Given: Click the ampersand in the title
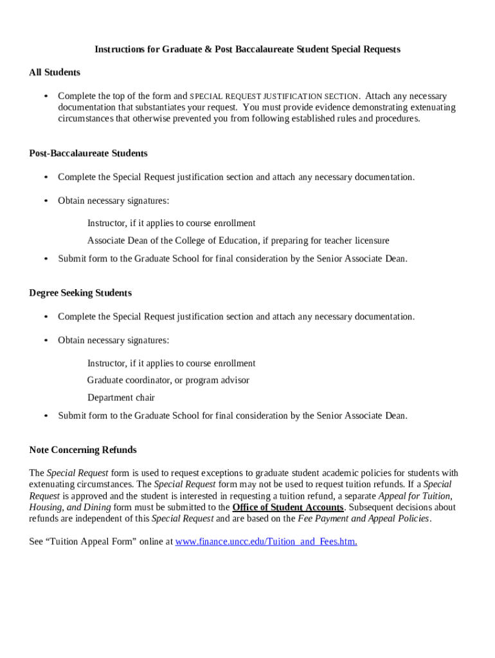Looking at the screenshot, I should (208, 49).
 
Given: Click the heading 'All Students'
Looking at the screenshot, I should (55, 73).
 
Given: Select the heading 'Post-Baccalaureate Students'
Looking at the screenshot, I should (88, 154).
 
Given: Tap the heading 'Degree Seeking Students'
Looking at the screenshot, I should (80, 293).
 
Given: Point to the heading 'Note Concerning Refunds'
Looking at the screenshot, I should (83, 450).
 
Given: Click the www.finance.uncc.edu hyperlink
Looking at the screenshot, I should (266, 542).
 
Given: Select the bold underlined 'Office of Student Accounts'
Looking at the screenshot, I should (288, 508).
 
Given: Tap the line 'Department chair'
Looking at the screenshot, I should (121, 398).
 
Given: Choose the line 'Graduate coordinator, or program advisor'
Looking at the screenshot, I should (168, 380).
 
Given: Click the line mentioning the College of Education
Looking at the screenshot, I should (238, 241).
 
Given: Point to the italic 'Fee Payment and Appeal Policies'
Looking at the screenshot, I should (364, 519).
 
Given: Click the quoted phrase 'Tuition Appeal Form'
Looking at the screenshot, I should (87, 542).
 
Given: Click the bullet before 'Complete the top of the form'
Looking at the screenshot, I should (46, 96).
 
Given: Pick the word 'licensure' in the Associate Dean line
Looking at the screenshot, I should (370, 241).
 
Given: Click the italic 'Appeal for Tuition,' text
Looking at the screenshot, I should (415, 496).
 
